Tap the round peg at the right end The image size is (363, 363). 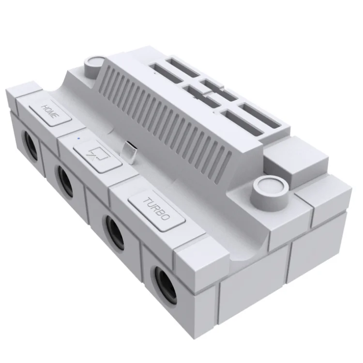[267, 186]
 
